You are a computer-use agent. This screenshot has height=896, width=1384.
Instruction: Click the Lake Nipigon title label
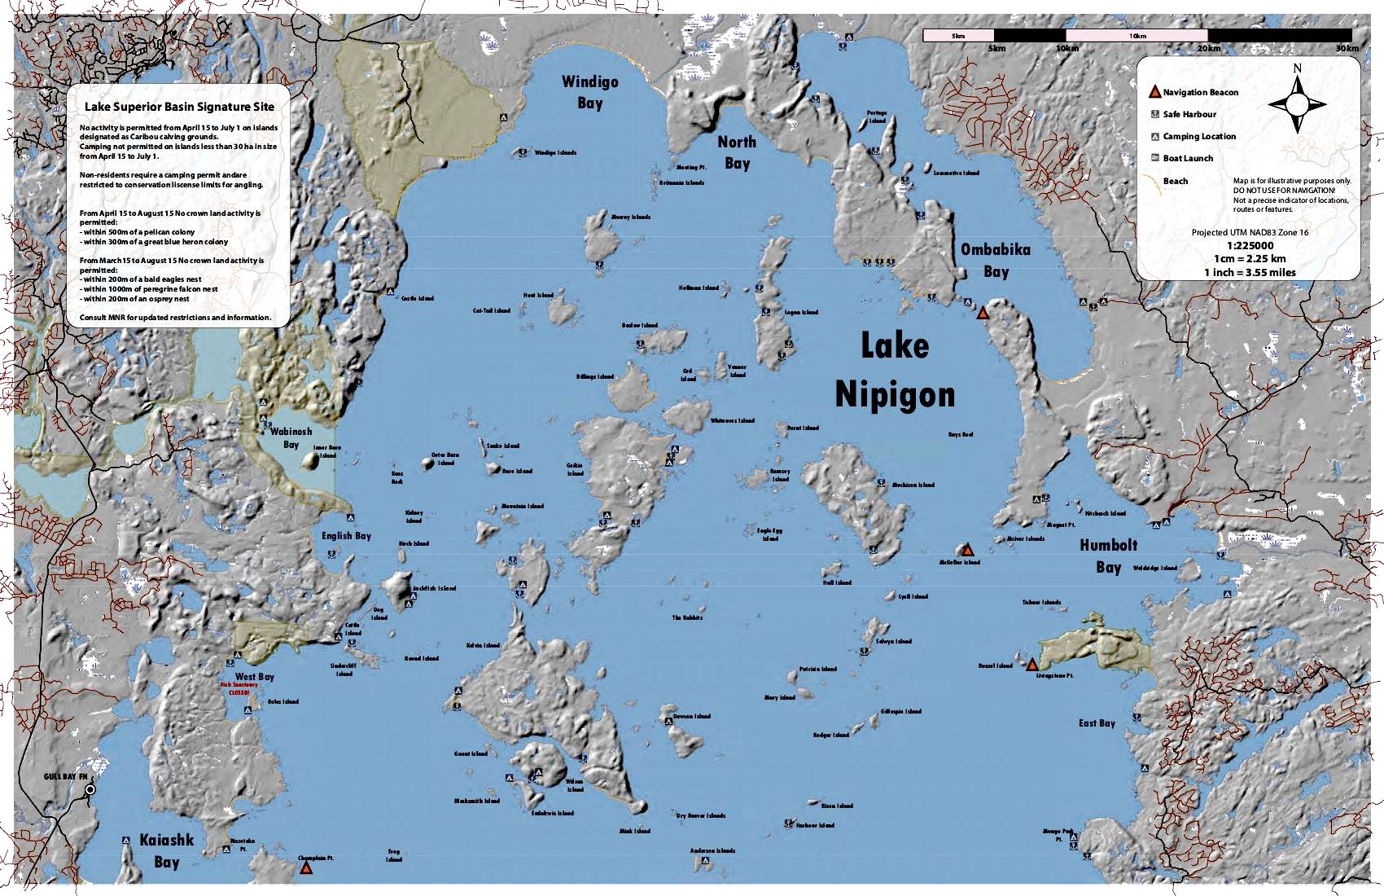pos(895,371)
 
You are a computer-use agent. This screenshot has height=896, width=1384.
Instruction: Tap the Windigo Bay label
pos(590,92)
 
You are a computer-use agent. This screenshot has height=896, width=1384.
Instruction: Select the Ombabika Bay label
pos(996,260)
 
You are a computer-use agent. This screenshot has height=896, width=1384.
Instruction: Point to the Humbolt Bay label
pos(1108,556)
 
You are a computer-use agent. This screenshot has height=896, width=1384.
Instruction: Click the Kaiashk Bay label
pos(167,850)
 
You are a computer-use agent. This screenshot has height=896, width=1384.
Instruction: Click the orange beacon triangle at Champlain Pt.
pos(306,868)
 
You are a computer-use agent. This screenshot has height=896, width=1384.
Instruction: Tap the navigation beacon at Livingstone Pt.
pos(1032,665)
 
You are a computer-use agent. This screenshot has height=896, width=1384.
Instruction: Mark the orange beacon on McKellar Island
pos(968,551)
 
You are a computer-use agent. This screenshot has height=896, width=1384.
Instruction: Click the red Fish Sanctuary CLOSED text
pos(239,689)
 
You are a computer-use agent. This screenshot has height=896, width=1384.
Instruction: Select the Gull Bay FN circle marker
pos(90,789)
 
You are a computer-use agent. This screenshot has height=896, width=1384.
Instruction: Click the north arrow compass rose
pos(1297,103)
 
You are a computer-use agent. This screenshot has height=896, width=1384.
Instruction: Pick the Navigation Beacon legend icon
pos(1154,92)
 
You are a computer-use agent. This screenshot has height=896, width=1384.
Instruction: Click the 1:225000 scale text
pos(1250,245)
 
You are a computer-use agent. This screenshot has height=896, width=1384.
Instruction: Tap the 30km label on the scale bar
pos(1347,49)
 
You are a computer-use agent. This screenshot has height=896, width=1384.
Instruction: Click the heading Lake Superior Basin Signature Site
pos(179,107)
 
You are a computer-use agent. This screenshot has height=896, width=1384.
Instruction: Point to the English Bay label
pos(346,536)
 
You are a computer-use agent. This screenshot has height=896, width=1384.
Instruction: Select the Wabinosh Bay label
pos(291,438)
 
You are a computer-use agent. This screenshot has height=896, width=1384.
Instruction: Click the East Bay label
pos(1097,723)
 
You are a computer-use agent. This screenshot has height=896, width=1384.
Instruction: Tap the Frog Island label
pos(394,855)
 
